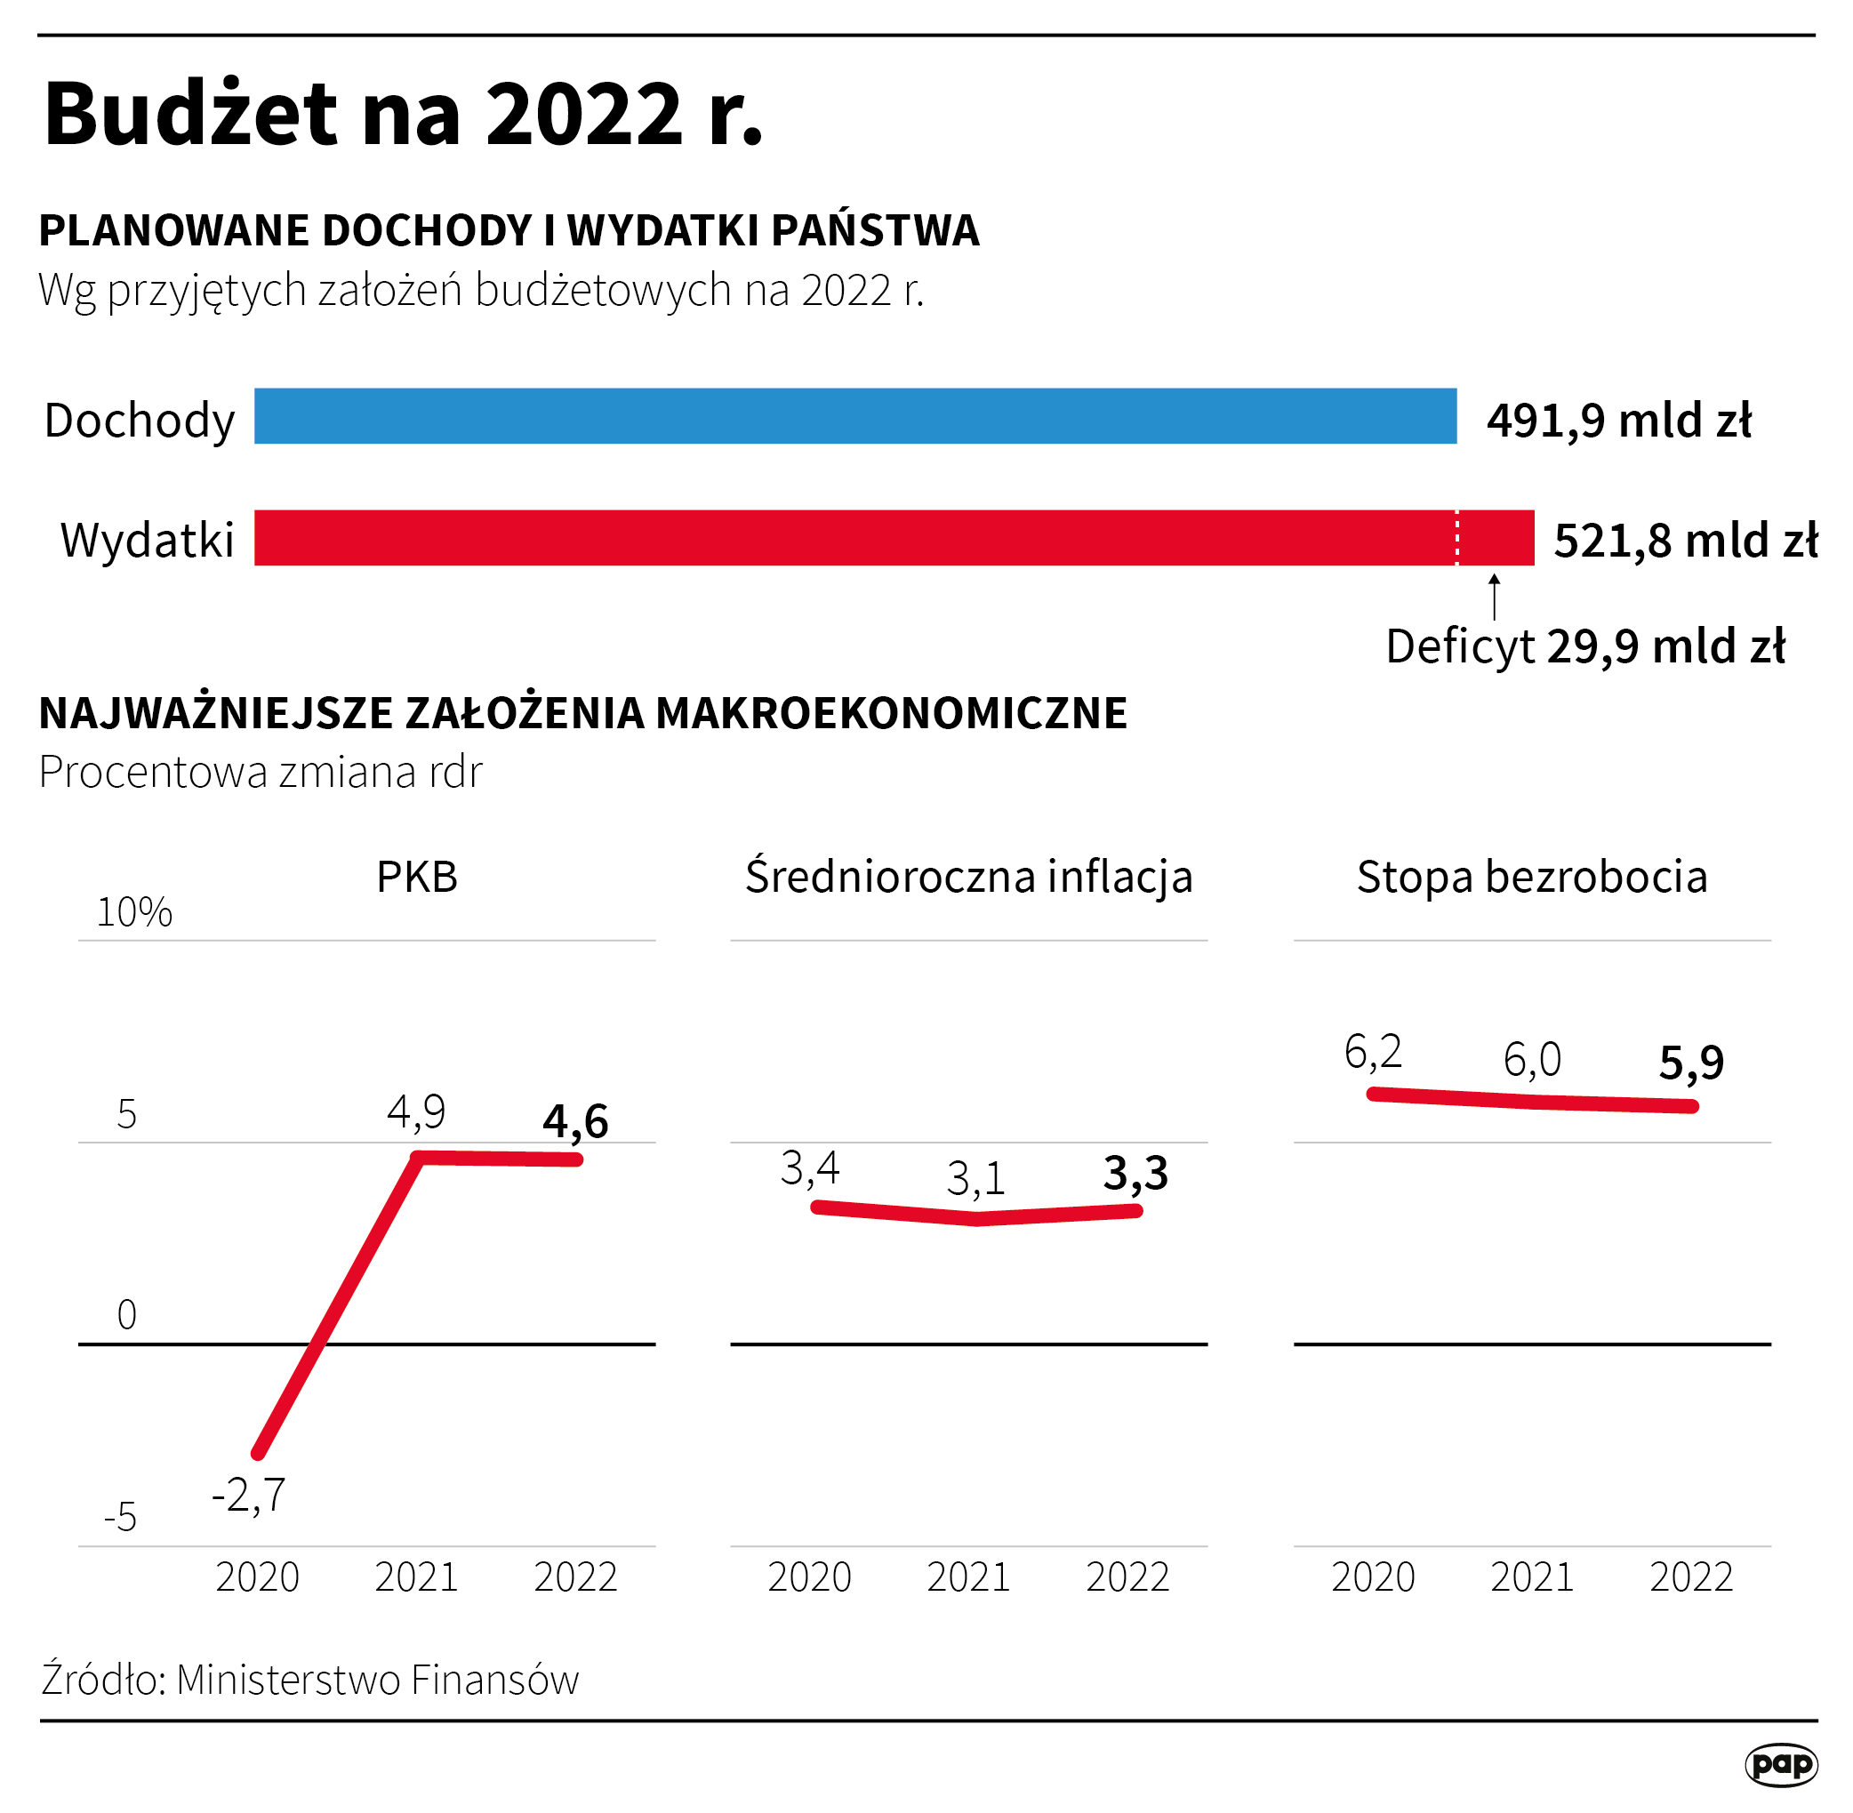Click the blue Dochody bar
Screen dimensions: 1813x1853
[854, 416]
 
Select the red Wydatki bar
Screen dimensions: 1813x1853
[854, 538]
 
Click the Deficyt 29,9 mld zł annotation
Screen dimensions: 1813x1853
[1584, 646]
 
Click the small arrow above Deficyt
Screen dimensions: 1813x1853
[1494, 595]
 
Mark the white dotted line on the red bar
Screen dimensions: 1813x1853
[1456, 538]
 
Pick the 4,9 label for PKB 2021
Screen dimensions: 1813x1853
[416, 1111]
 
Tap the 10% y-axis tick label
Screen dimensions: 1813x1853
[134, 912]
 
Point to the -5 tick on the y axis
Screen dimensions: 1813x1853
[121, 1518]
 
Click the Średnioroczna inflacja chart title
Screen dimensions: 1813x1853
[968, 877]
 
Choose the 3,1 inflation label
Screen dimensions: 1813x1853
[976, 1179]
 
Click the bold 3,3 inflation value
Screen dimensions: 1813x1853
[1135, 1173]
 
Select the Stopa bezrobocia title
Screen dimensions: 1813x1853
[1531, 877]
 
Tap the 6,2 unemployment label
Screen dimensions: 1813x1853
[1372, 1051]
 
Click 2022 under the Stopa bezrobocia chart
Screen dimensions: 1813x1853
[1690, 1577]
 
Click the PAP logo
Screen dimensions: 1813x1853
[1781, 1764]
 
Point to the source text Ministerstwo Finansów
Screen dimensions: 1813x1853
[377, 1680]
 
